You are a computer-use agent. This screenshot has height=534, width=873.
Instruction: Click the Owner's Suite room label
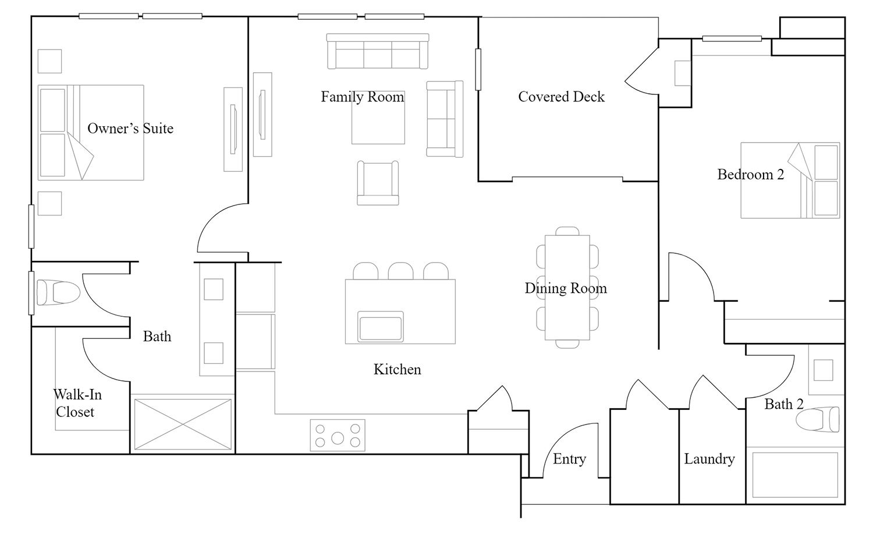(130, 128)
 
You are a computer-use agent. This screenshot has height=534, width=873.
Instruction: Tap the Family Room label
(363, 97)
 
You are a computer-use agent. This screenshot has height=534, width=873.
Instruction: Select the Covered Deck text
(561, 97)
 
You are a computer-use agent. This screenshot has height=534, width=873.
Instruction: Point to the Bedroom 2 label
(751, 174)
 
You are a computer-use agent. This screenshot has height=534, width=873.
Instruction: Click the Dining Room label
(566, 288)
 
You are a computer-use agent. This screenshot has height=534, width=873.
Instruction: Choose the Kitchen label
(397, 369)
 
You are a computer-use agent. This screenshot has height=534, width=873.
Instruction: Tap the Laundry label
(709, 459)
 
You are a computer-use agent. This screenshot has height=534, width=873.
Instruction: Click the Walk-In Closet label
(77, 403)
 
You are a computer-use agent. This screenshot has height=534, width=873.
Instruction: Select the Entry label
(569, 459)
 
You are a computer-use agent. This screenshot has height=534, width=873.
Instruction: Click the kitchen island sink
(381, 327)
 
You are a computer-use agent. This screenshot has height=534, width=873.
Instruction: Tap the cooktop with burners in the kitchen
(338, 436)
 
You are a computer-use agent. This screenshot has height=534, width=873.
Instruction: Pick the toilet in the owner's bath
(58, 292)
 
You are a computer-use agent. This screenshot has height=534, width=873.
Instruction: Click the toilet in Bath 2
(817, 419)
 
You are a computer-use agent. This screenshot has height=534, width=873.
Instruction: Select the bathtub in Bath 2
(795, 475)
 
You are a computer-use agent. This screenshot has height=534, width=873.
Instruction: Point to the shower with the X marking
(182, 424)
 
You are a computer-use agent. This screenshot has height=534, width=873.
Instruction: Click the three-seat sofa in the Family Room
(378, 51)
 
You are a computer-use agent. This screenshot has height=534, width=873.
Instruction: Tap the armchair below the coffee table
(378, 183)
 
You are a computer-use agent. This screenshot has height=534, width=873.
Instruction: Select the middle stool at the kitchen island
(400, 271)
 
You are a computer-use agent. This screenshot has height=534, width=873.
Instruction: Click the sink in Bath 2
(823, 370)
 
